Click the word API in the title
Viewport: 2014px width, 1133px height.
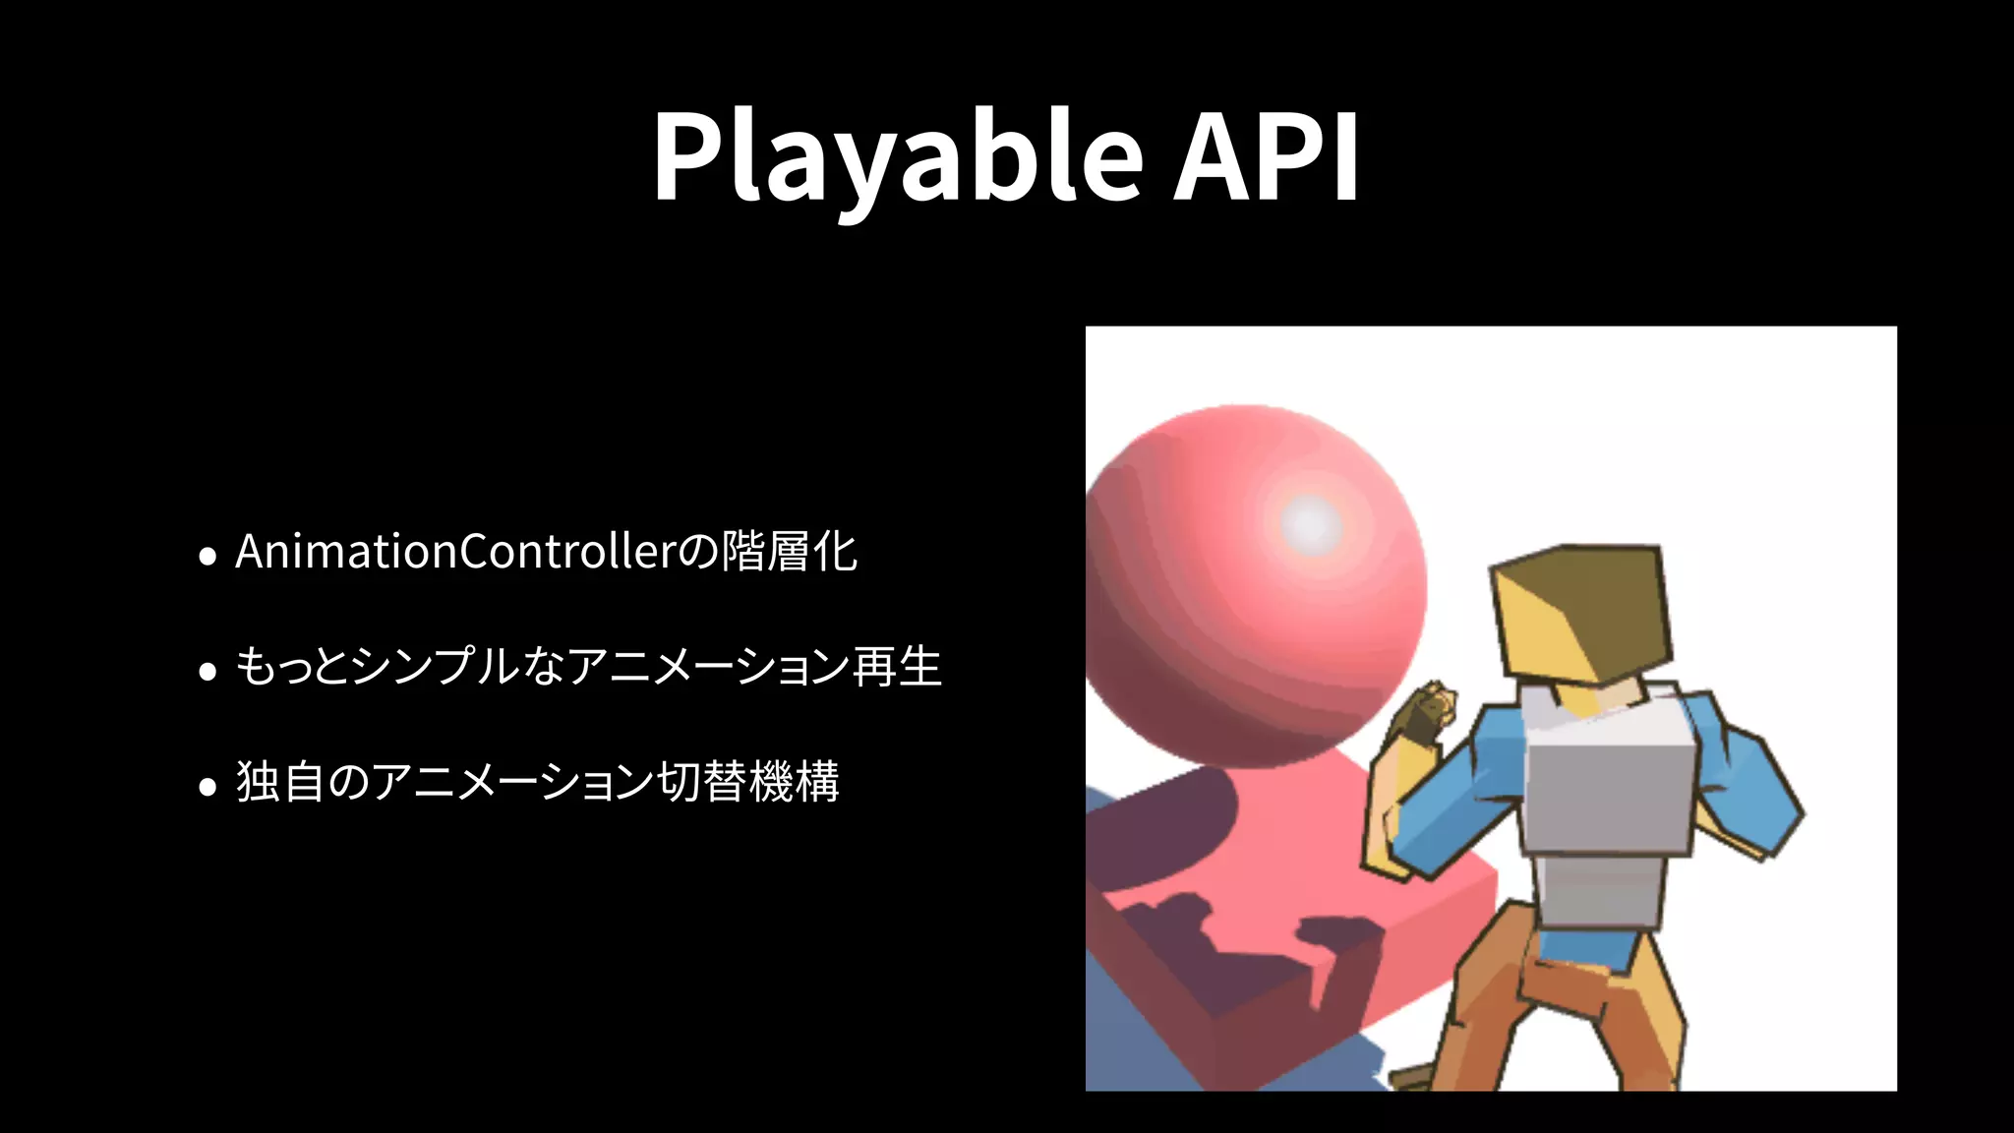1267,157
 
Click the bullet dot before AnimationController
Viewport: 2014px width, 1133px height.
207,557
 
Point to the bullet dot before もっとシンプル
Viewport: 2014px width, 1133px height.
207,672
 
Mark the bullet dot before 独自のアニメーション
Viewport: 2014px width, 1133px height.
207,787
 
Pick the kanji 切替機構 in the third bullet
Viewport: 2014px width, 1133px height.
747,782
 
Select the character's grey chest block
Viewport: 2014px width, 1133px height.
1608,797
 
